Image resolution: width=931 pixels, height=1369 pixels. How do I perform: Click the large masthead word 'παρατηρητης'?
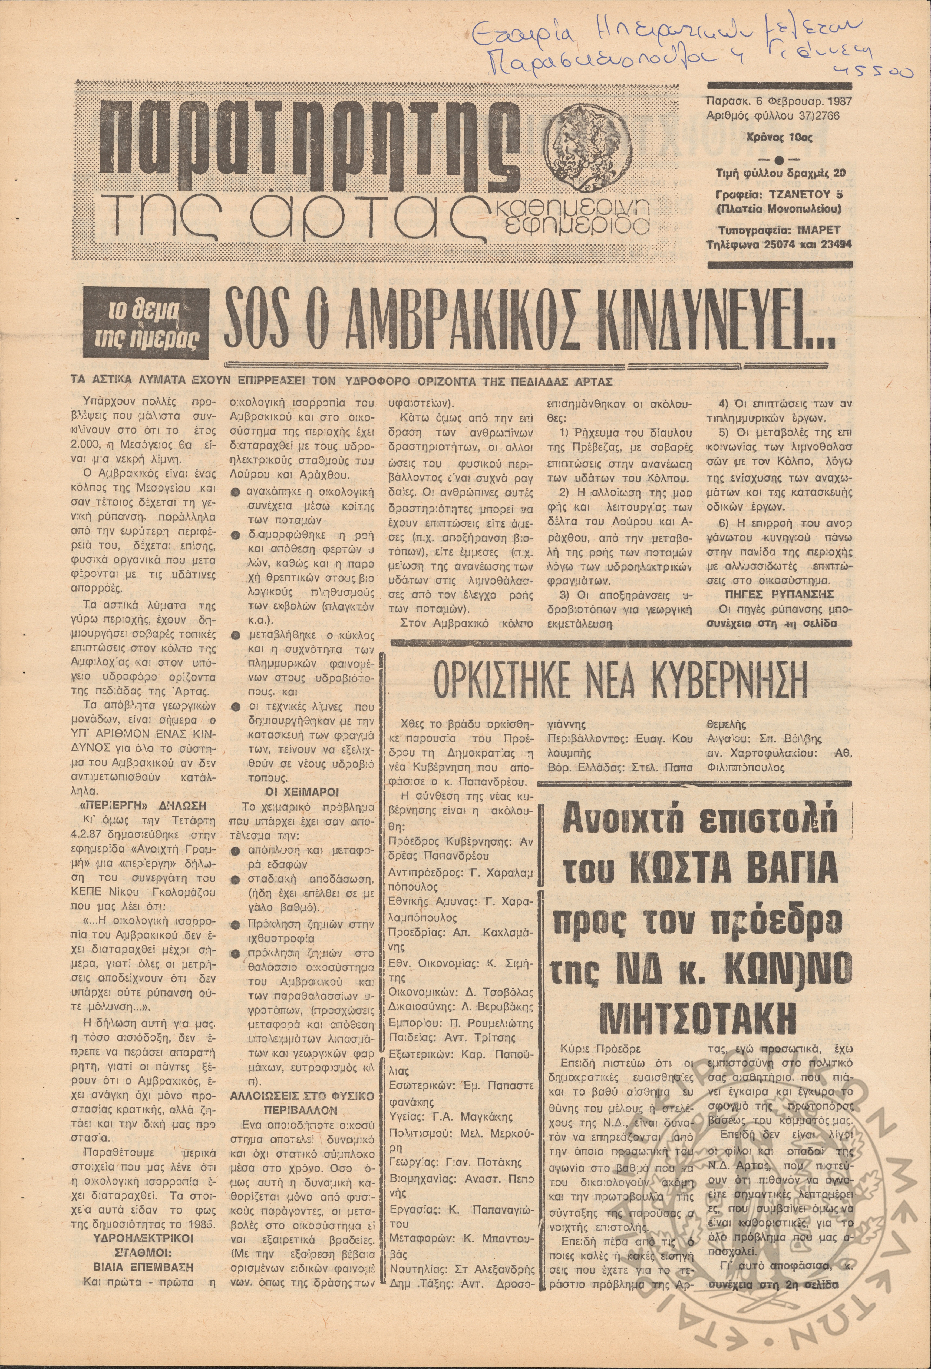click(306, 140)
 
